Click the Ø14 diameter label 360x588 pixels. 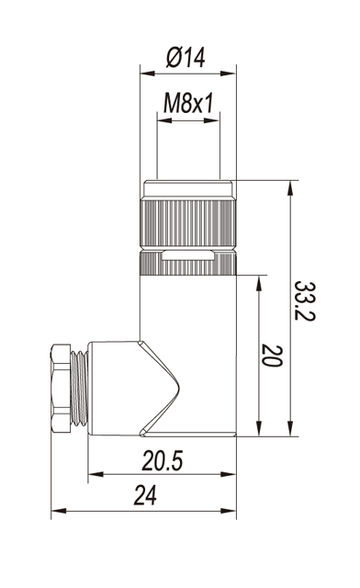[x=186, y=57]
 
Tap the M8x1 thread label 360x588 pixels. [x=188, y=103]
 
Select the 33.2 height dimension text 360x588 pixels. [x=305, y=300]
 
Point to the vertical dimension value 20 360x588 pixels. [x=272, y=356]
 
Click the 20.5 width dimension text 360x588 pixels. [x=162, y=460]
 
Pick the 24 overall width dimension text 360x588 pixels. [x=145, y=495]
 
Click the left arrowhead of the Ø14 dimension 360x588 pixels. [x=147, y=73]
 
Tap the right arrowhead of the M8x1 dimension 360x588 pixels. [x=211, y=120]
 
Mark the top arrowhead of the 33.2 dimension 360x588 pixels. [x=290, y=187]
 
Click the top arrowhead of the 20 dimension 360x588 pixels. [x=258, y=283]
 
